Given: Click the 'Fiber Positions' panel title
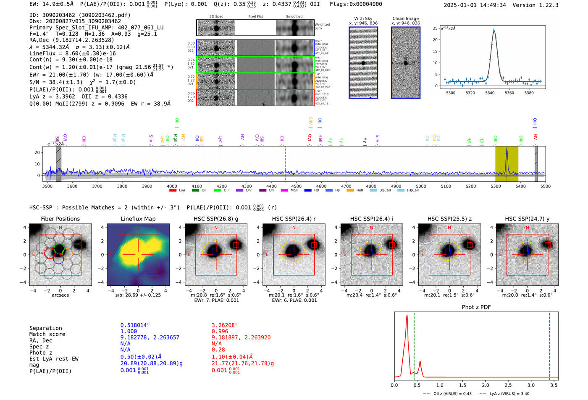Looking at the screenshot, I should [60, 219].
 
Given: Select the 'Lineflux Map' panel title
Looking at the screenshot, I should [138, 219].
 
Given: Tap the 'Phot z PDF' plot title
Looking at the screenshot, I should [476, 307].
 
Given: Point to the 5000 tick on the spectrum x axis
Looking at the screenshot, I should [421, 186].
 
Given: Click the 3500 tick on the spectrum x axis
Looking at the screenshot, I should [47, 186].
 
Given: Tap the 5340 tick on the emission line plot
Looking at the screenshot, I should [490, 93].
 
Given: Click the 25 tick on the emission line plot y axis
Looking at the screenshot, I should [435, 28].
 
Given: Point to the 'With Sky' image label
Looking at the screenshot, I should [363, 18].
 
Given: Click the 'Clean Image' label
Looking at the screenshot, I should [405, 18].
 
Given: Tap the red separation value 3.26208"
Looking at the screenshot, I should [225, 325].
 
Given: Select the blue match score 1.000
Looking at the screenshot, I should [129, 331].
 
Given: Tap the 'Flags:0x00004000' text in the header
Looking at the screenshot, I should [356, 4].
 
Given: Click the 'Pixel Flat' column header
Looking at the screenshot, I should [255, 17].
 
